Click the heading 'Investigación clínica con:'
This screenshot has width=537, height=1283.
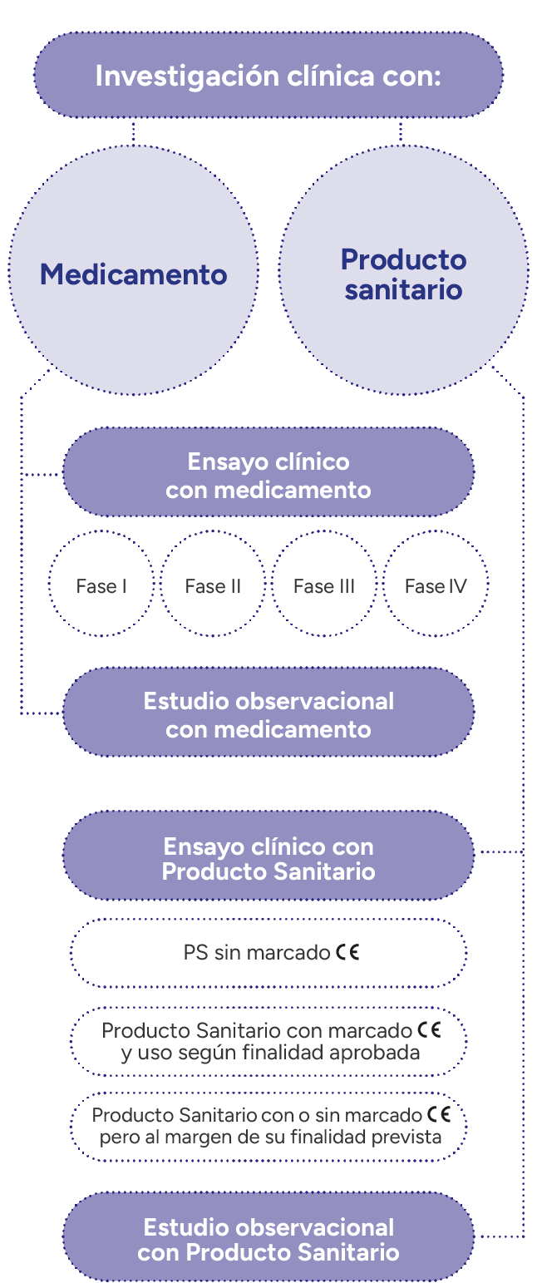pos(268,76)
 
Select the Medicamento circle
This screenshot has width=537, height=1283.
pos(133,271)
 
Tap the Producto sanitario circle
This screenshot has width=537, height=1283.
pos(403,271)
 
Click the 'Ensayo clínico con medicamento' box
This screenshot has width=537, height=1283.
pos(268,474)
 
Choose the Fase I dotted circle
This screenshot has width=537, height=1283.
pos(101,586)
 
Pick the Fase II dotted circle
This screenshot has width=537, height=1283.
pos(213,586)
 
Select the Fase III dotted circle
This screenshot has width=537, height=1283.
pos(324,586)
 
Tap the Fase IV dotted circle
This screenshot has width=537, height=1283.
pos(436,586)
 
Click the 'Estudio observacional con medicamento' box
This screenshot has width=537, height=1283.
pos(268,713)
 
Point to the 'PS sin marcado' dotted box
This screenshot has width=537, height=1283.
pos(268,952)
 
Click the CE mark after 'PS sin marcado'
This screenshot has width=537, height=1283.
pos(348,952)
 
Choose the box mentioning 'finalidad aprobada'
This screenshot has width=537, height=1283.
pos(268,1041)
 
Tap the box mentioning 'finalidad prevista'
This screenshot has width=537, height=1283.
pos(268,1125)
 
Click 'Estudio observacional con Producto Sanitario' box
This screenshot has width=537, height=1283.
pos(268,1238)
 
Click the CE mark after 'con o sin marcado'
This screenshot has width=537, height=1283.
pos(438,1114)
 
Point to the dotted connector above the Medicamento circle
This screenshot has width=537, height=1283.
pos(133,131)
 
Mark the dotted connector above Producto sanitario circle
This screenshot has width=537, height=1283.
pos(402,131)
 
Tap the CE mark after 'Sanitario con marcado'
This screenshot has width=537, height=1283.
pos(429,1030)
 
